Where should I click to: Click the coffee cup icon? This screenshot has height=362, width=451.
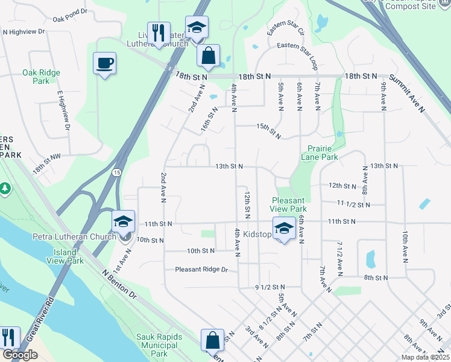tap(104, 63)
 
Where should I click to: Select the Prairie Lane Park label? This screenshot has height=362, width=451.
tap(319, 151)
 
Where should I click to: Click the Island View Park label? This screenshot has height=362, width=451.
tap(65, 256)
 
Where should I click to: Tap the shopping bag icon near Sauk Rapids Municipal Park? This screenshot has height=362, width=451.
tap(212, 340)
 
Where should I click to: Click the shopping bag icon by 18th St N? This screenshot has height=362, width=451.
tap(208, 56)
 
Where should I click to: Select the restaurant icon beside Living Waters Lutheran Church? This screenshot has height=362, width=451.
tap(159, 33)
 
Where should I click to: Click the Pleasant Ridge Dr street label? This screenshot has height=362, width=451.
tap(203, 270)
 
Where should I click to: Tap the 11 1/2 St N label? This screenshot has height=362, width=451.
tap(353, 205)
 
